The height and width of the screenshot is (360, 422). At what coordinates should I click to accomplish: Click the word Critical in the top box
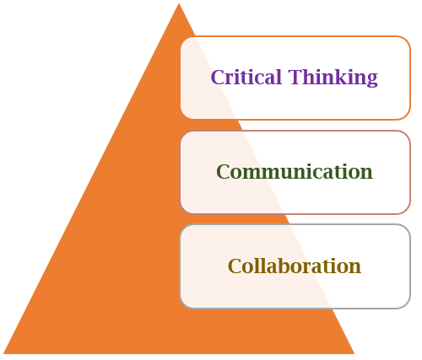[246, 77]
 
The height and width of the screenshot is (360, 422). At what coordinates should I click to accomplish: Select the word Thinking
[333, 78]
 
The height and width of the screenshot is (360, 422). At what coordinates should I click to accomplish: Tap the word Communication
[295, 171]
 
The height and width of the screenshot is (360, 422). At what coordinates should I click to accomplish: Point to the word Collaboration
[295, 266]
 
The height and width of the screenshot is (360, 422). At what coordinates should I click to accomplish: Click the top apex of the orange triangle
[179, 3]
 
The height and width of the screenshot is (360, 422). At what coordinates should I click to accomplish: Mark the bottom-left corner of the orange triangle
[3, 353]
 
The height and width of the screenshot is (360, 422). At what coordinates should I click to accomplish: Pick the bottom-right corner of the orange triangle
[354, 353]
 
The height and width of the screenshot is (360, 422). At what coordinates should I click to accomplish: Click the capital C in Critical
[219, 77]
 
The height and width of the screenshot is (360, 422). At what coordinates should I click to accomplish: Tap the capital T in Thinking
[295, 77]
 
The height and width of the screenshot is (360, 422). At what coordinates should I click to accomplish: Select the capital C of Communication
[224, 171]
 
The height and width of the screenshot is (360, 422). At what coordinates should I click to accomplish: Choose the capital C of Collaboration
[235, 266]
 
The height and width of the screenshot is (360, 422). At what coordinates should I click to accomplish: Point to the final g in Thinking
[372, 80]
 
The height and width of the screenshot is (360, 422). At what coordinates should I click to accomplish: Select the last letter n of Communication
[366, 174]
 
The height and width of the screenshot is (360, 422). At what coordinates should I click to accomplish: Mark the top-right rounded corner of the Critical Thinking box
[407, 40]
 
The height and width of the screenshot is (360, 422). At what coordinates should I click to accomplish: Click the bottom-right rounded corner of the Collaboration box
[407, 304]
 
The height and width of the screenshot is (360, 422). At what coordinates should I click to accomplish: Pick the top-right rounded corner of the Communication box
[407, 134]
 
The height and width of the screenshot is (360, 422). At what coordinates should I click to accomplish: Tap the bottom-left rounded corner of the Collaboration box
[184, 304]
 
